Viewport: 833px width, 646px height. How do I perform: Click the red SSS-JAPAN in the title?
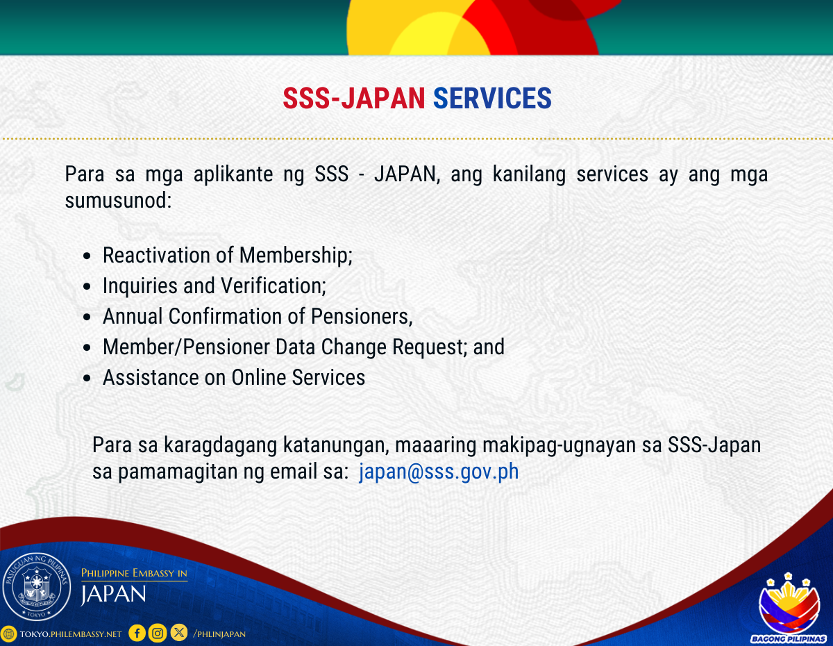(354, 98)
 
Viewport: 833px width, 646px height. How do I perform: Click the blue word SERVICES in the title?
(492, 98)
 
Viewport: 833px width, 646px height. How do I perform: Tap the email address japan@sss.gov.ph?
(439, 471)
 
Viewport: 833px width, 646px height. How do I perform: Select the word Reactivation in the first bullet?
(156, 255)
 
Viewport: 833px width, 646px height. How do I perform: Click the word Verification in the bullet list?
(274, 285)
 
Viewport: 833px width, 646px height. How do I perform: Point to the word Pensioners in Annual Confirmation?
(362, 317)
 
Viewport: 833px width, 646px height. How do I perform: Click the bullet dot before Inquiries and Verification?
(87, 286)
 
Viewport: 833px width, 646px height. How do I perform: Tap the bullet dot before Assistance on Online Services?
(87, 378)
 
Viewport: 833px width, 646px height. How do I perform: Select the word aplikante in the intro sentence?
(233, 174)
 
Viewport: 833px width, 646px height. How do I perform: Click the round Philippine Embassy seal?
(37, 586)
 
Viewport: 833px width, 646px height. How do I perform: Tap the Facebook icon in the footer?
(137, 633)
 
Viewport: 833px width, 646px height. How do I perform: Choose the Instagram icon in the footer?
(158, 633)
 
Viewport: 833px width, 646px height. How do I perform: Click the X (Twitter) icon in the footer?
(179, 633)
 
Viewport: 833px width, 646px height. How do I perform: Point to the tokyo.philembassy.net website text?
(71, 634)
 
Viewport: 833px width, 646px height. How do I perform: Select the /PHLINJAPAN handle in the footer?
(219, 634)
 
